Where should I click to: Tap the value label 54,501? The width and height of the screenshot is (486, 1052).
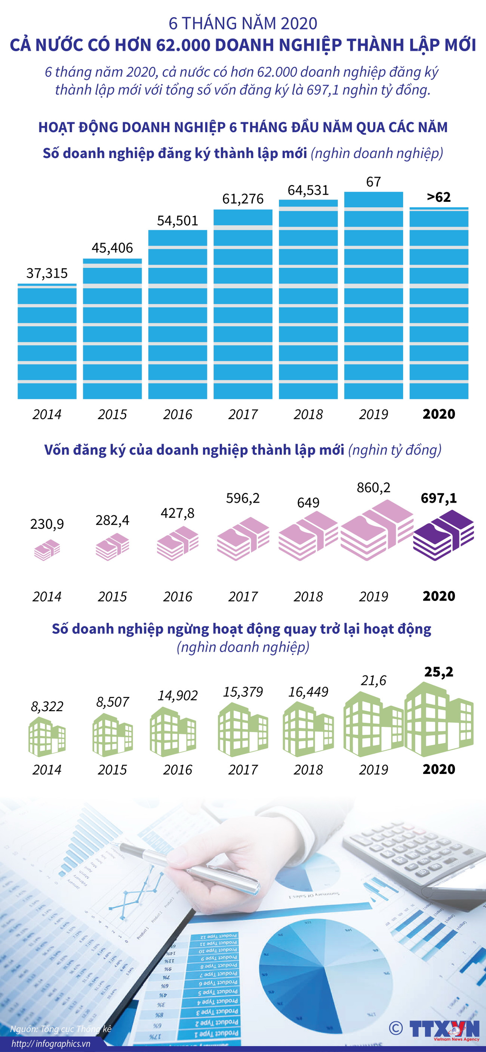pos(177,221)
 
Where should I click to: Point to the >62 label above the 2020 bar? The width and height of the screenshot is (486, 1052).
pos(439,197)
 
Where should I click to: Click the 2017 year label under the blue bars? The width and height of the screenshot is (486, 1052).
pos(243,414)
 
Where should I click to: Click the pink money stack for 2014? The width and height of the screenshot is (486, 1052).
pos(47,550)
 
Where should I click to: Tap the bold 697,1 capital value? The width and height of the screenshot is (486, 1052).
pos(439,498)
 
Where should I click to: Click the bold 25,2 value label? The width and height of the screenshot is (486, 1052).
pos(439,672)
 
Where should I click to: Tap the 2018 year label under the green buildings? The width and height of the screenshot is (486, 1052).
pos(308,770)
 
